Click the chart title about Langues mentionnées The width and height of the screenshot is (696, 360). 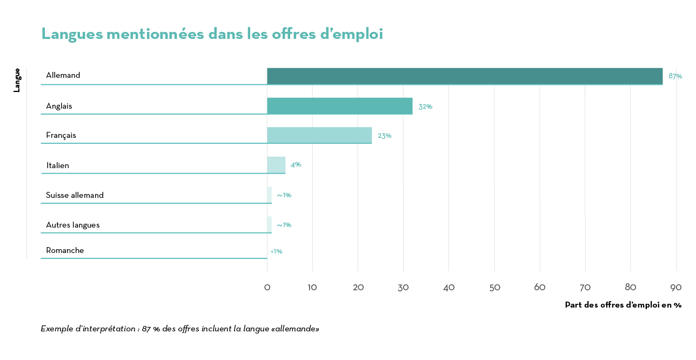click(212, 34)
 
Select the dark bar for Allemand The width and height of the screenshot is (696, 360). click(465, 76)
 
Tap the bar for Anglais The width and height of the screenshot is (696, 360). click(339, 106)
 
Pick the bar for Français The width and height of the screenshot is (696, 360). click(319, 135)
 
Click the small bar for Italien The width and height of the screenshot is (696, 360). click(276, 165)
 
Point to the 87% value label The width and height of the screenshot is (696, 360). click(675, 76)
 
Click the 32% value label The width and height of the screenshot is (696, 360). click(425, 106)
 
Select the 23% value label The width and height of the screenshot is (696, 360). click(384, 136)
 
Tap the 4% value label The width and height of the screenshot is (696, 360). click(296, 164)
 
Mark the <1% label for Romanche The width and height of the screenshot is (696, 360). click(276, 251)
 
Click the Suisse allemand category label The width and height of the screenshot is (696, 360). click(75, 195)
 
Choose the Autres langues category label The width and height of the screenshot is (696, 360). click(72, 225)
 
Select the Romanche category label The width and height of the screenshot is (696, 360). click(65, 250)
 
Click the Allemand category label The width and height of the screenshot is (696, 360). click(63, 75)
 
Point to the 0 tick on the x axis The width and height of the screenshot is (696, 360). click(267, 288)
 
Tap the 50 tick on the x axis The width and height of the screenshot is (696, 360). click(494, 288)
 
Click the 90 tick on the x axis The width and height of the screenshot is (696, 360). click(676, 288)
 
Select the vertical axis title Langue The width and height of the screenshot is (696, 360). click(17, 80)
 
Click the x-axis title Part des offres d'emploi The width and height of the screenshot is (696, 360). click(623, 305)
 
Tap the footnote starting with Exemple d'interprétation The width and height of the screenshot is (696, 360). click(180, 329)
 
